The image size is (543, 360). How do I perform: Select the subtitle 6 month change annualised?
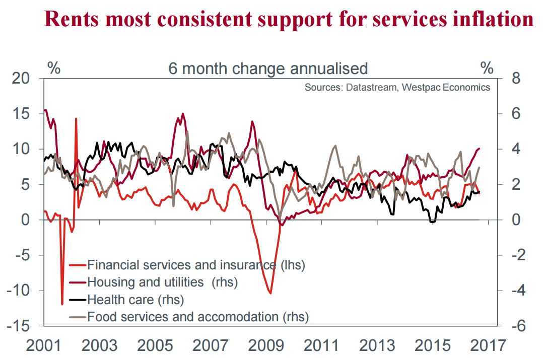[268, 68]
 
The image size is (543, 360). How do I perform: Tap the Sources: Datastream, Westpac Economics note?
[397, 87]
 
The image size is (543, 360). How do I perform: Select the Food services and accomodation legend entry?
[197, 317]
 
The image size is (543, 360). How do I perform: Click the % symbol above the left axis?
[54, 68]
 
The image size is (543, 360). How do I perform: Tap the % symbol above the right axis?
[488, 68]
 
